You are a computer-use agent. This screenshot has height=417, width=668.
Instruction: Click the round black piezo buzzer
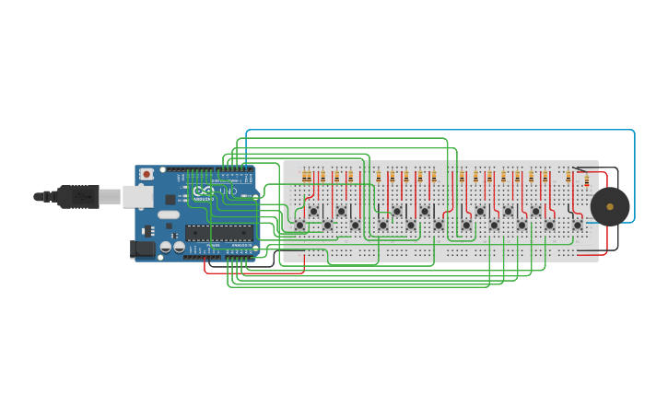click(609, 206)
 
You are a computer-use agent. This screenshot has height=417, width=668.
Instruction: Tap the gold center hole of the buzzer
click(610, 206)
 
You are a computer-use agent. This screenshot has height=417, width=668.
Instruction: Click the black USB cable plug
click(78, 196)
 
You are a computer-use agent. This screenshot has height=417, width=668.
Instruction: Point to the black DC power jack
click(143, 249)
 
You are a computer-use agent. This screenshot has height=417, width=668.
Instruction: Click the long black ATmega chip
click(218, 231)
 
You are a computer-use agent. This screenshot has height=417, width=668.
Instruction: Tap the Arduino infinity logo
click(203, 191)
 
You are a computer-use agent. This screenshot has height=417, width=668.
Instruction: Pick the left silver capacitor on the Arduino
click(166, 247)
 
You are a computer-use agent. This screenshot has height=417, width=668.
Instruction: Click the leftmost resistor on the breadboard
click(306, 177)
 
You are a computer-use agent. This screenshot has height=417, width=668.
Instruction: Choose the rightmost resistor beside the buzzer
click(586, 180)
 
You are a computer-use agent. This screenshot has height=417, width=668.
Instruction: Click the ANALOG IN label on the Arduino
click(241, 246)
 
